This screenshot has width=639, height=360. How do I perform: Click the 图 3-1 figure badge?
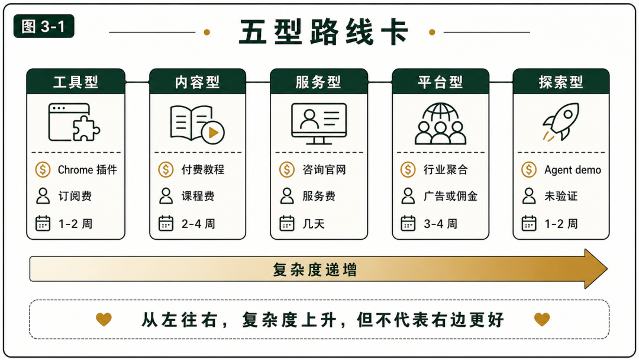tap(44, 27)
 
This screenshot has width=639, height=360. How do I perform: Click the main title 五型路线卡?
tap(324, 32)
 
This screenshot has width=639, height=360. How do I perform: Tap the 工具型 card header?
tap(76, 82)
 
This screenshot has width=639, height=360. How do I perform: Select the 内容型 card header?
tap(198, 82)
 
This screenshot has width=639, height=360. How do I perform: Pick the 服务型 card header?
tap(319, 82)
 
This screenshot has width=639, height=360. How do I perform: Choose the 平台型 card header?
tap(440, 82)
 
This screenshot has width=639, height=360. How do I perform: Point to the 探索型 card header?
tap(561, 82)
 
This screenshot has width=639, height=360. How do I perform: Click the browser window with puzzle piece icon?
tap(74, 123)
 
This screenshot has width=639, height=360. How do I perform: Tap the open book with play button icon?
tap(198, 124)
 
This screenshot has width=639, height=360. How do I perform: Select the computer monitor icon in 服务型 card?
tap(319, 124)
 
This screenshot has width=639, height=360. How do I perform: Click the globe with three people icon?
tap(440, 124)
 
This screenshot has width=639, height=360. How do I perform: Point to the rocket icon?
tap(561, 121)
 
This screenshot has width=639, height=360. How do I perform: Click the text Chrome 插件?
tap(87, 169)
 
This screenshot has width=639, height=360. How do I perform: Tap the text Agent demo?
tap(573, 170)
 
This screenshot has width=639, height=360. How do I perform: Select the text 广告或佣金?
tap(450, 196)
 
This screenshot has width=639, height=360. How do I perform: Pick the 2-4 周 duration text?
tap(198, 224)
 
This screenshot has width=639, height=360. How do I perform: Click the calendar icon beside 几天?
tap(287, 223)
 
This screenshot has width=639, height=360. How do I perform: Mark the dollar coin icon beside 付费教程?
tap(166, 169)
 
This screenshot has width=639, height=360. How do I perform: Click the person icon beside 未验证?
tap(529, 196)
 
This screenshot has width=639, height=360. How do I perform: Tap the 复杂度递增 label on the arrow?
tap(315, 270)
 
